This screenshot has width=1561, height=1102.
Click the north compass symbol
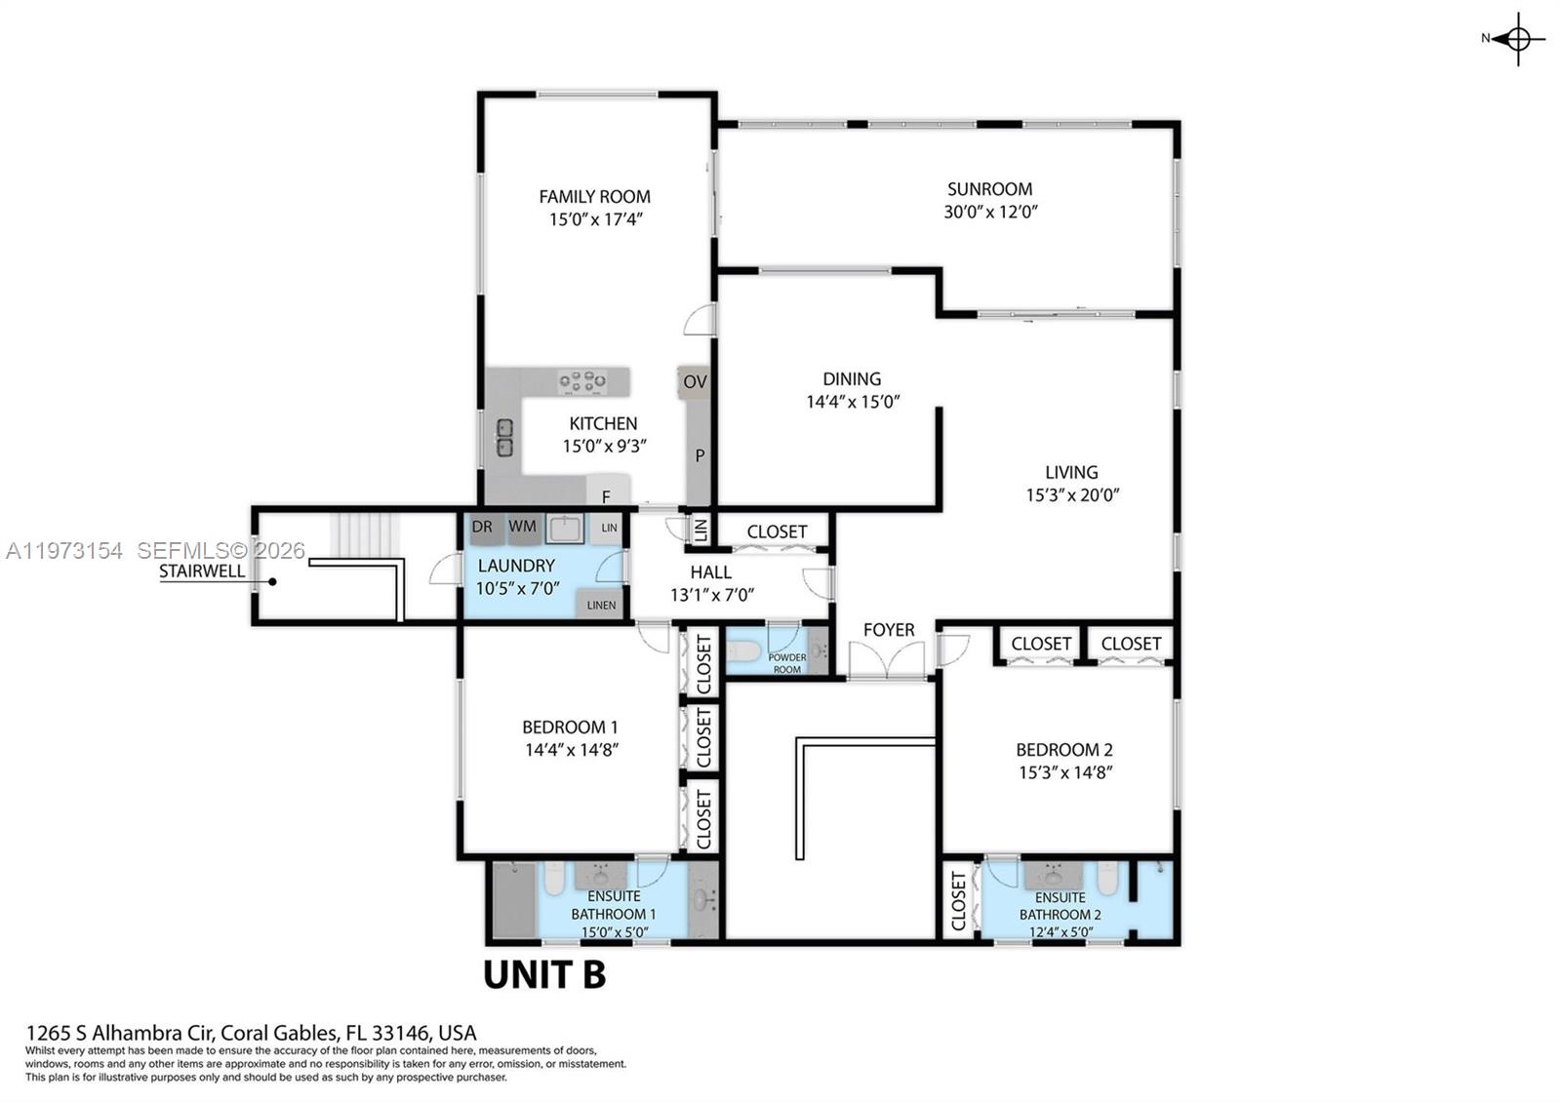click(1517, 39)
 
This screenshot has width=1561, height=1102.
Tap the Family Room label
click(594, 196)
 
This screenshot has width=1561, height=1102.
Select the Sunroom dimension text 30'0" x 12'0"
click(989, 212)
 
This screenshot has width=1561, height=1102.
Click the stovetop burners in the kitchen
click(581, 381)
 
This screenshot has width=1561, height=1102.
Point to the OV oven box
click(694, 381)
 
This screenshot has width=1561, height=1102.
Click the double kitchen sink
click(504, 438)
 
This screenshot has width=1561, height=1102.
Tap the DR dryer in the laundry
click(482, 527)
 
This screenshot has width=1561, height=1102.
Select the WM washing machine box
click(522, 527)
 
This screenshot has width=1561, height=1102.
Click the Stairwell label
click(202, 571)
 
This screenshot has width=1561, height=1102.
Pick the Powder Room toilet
click(745, 651)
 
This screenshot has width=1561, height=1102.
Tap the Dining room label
click(851, 378)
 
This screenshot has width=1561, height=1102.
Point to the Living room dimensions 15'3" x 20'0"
click(1071, 495)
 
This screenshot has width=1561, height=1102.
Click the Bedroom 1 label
click(570, 727)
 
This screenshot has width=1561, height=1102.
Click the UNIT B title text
click(544, 974)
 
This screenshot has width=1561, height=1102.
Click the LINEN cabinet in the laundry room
click(600, 605)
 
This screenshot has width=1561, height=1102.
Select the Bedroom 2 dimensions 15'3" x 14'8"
click(1063, 772)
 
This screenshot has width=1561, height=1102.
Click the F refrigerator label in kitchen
click(606, 497)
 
